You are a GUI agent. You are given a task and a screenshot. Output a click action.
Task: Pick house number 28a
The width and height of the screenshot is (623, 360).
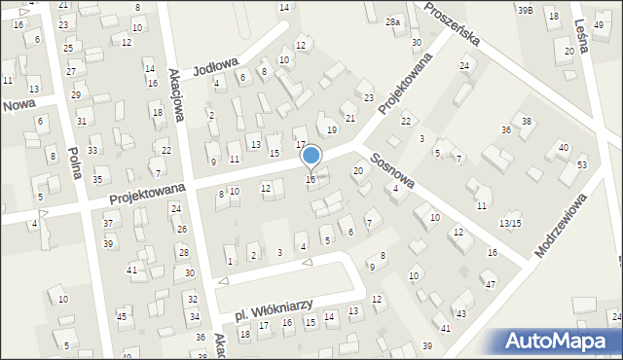[x=392, y=22]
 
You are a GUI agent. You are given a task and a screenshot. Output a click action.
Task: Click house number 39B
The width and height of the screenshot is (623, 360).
[x=525, y=10]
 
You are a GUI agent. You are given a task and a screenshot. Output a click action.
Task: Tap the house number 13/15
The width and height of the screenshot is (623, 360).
[x=510, y=224]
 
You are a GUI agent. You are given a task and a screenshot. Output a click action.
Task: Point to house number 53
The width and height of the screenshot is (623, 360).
[x=582, y=165]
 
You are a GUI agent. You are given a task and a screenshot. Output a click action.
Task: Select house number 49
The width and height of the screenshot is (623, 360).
[x=598, y=24]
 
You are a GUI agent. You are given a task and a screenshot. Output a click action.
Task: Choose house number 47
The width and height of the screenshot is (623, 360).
[x=491, y=284]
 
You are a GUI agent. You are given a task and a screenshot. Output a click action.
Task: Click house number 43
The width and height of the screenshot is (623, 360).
[x=460, y=313]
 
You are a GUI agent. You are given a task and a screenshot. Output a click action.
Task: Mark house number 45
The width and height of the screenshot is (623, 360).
[x=122, y=317]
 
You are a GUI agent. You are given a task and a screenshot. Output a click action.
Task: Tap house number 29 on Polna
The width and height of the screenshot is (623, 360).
[x=76, y=95]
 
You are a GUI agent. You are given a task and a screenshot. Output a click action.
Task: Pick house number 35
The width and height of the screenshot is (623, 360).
[x=97, y=180]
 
